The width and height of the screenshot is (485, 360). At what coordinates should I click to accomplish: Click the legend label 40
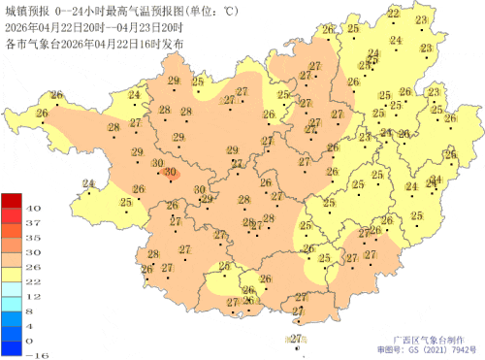pyautogui.click(x=32, y=209)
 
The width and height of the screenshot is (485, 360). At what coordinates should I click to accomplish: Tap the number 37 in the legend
pyautogui.click(x=32, y=223)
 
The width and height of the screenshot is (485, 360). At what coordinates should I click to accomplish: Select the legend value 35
pyautogui.click(x=32, y=238)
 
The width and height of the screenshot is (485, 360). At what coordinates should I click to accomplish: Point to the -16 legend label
pyautogui.click(x=32, y=355)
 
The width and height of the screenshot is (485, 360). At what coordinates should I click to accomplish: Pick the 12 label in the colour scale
pyautogui.click(x=32, y=296)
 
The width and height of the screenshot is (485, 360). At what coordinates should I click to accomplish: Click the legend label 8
pyautogui.click(x=32, y=311)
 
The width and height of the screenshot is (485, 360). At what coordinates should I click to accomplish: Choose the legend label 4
pyautogui.click(x=32, y=326)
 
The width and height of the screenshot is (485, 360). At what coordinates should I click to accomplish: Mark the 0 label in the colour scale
pyautogui.click(x=32, y=341)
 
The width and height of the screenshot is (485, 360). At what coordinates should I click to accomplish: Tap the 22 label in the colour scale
pyautogui.click(x=32, y=281)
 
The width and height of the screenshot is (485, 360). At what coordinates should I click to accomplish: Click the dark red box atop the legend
pyautogui.click(x=11, y=201)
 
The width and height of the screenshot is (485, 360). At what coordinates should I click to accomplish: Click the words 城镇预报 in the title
pyautogui.click(x=24, y=11)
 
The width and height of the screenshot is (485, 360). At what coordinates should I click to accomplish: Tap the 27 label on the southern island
pyautogui.click(x=296, y=338)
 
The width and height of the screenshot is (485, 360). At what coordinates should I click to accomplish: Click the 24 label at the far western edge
pyautogui.click(x=88, y=183)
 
